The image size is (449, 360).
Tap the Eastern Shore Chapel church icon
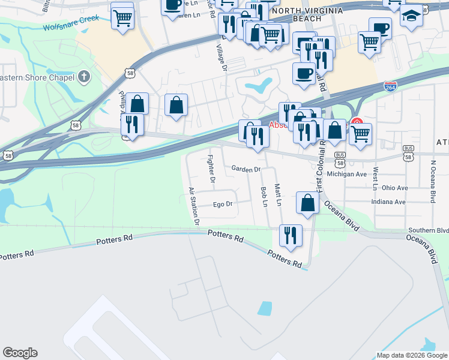pos(84,77)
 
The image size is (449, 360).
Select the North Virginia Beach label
pos(307,14)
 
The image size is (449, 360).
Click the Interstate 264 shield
pos(390,87)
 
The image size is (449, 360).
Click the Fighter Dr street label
pos(211,169)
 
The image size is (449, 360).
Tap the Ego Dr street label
pos(222,205)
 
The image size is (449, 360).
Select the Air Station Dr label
pos(193,206)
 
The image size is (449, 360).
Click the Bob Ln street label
pos(264,197)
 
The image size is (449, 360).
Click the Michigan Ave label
pos(353,174)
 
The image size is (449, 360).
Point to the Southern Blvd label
pos(428,230)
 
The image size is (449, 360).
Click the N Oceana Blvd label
pos(432,181)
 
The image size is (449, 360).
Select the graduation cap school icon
pos(411,14)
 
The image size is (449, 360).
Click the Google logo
pos(20,353)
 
